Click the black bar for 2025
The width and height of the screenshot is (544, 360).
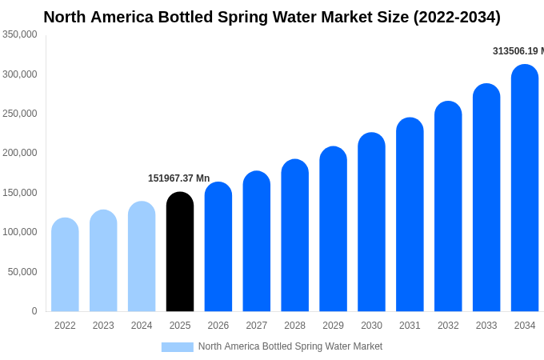pos(180,252)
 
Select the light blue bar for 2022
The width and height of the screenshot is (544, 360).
pos(65,265)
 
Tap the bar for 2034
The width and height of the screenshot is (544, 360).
pos(525,188)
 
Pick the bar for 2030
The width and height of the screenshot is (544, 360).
pos(371,222)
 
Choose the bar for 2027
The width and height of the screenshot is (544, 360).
pos(257,242)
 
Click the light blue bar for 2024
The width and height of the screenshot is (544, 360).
pos(142,257)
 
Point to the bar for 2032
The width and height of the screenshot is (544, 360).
pos(448,206)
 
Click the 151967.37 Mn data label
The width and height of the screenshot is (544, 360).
pos(178,178)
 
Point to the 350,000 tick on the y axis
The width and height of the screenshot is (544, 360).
pos(20,34)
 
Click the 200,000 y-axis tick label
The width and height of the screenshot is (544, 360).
pos(20,153)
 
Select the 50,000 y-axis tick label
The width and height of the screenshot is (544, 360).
pos(22,272)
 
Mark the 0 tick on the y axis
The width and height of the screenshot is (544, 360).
pos(34,311)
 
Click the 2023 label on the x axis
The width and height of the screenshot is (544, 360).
pos(103,326)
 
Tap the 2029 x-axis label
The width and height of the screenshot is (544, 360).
pos(333,326)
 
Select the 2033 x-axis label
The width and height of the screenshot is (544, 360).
pos(486,326)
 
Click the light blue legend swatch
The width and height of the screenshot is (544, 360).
pos(177,347)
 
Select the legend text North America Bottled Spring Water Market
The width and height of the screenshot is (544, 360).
pos(290,346)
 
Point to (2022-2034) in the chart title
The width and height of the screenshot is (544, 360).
pos(457,17)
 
